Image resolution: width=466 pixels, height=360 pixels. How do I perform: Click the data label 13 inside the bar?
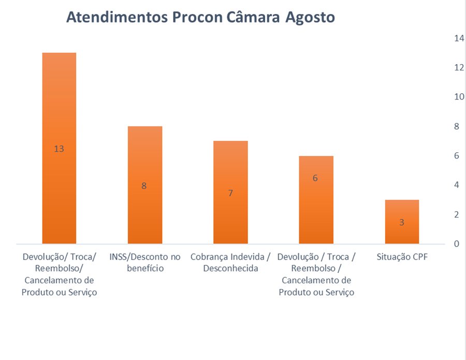(x=59, y=149)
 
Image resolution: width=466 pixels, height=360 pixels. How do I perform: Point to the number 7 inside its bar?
(x=230, y=193)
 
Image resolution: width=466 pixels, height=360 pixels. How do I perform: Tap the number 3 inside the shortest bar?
(x=402, y=222)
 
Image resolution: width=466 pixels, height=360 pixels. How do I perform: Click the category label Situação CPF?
(x=402, y=257)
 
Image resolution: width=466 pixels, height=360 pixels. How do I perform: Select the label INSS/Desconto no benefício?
(x=144, y=262)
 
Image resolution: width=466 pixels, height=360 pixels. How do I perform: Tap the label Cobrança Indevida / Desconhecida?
(x=230, y=262)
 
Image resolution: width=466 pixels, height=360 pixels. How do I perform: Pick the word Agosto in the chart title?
(x=310, y=18)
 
